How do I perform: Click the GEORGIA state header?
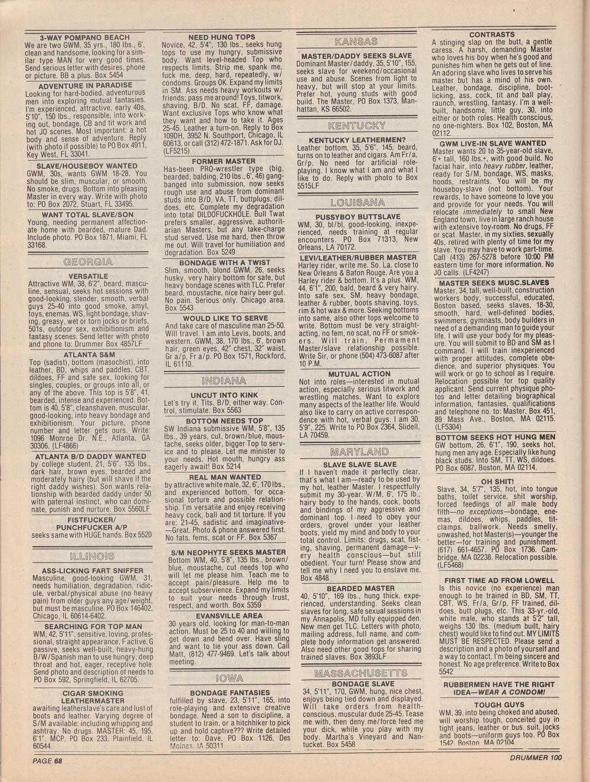(x=88, y=262)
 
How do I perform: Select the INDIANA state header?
(x=225, y=380)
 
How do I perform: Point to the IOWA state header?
(x=225, y=677)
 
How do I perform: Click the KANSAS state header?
(x=356, y=41)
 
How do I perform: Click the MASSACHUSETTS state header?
(x=360, y=673)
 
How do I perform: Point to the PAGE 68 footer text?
(x=48, y=761)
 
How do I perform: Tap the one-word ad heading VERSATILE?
(x=88, y=276)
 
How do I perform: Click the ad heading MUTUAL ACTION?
(x=359, y=374)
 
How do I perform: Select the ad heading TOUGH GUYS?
(x=499, y=705)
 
